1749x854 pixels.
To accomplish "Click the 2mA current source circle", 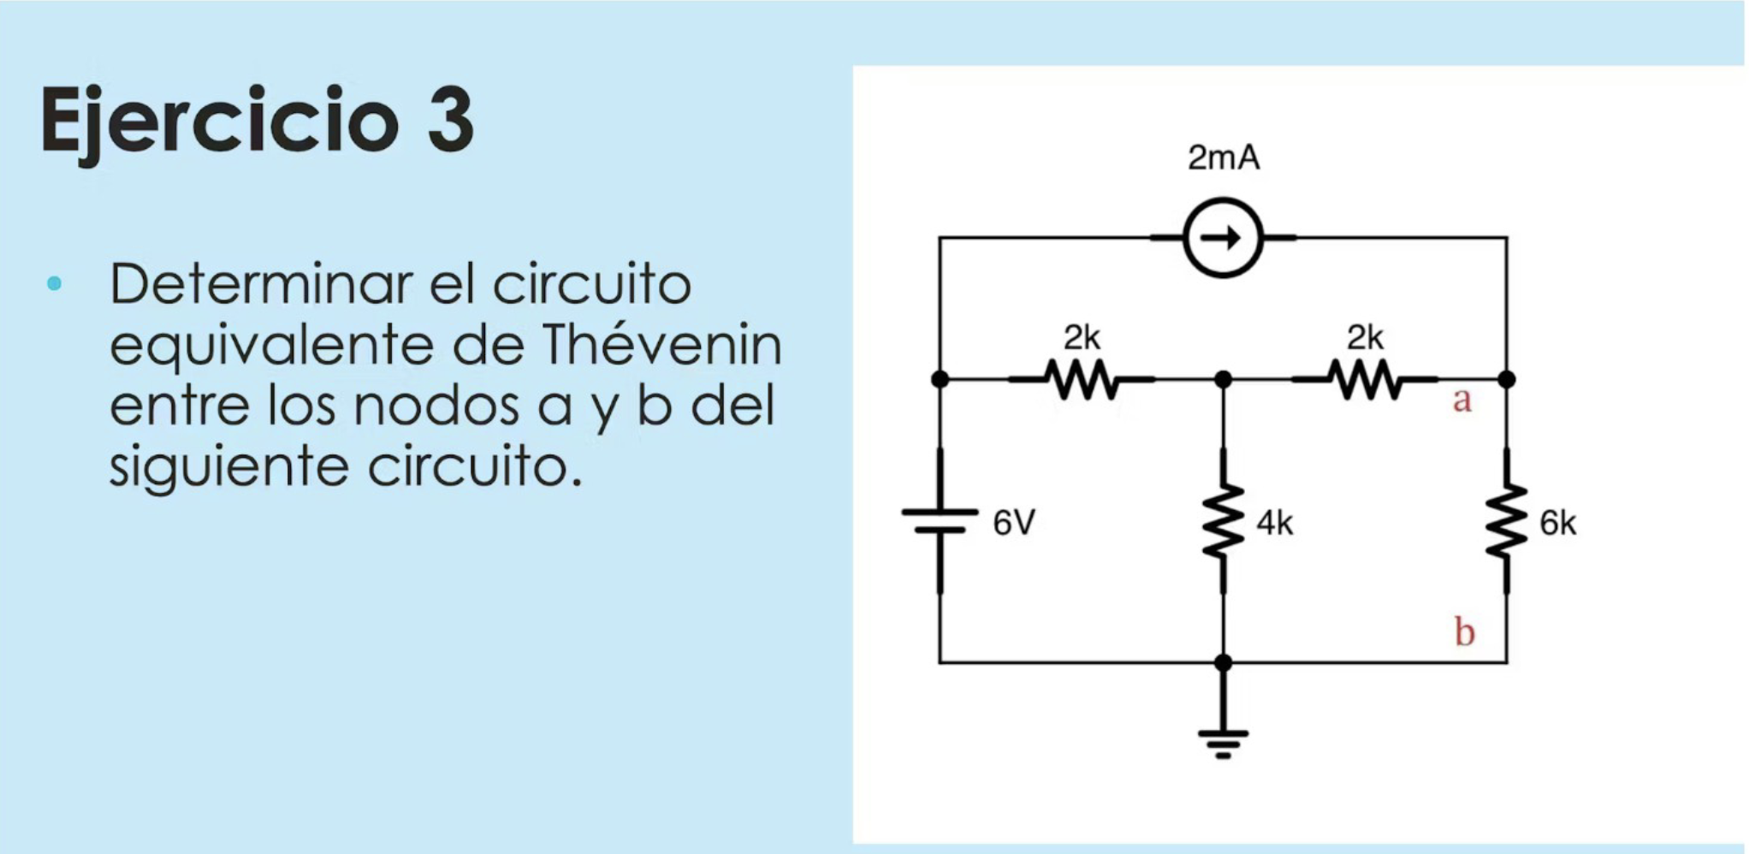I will [x=1223, y=237].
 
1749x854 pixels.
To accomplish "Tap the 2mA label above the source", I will [x=1224, y=157].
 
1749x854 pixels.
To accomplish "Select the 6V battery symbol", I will [x=940, y=520].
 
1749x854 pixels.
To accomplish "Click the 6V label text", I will [x=1014, y=522].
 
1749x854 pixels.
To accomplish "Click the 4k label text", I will [x=1275, y=523].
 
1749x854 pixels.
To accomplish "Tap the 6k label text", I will [x=1557, y=523].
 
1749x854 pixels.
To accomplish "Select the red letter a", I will [x=1462, y=400].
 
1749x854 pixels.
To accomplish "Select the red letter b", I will [x=1465, y=632].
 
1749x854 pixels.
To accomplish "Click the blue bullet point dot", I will [x=55, y=283].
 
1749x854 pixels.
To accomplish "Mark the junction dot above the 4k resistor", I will [x=1224, y=378].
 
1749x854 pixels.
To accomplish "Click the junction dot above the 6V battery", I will [x=940, y=378].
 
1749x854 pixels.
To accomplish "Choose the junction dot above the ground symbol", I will [x=1224, y=662].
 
